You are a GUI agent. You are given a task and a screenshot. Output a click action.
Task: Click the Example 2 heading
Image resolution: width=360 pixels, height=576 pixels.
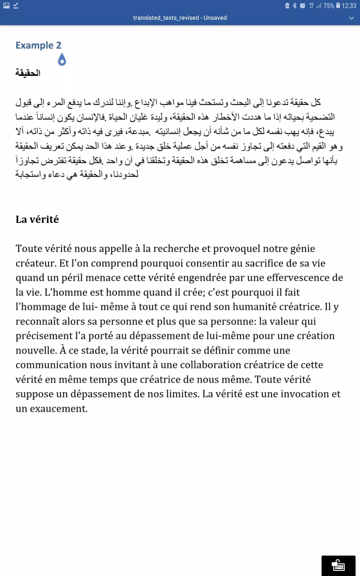[x=38, y=45]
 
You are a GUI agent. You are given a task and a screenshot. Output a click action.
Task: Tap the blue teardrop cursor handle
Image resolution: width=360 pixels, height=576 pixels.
[x=62, y=60]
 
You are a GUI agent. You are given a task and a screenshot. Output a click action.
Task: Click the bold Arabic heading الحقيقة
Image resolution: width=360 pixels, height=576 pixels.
[x=28, y=73]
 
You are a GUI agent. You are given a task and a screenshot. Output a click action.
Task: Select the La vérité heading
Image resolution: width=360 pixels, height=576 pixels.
[x=37, y=219]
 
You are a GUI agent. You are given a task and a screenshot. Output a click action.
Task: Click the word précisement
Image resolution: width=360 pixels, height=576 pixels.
[x=44, y=336]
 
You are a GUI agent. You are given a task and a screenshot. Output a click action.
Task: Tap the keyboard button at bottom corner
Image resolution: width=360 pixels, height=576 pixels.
[x=338, y=565]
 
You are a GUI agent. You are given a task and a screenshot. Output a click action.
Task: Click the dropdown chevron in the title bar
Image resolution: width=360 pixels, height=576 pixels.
[x=351, y=18]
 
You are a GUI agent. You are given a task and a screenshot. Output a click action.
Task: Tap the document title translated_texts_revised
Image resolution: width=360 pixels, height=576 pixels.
[x=166, y=18]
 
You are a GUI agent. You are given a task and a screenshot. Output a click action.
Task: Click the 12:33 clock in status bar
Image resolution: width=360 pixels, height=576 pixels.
[x=349, y=5]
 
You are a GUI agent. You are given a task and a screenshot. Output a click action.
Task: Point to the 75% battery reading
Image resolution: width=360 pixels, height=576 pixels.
[x=328, y=5]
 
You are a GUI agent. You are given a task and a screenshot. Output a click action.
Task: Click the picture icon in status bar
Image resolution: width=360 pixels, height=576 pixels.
[x=6, y=5]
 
